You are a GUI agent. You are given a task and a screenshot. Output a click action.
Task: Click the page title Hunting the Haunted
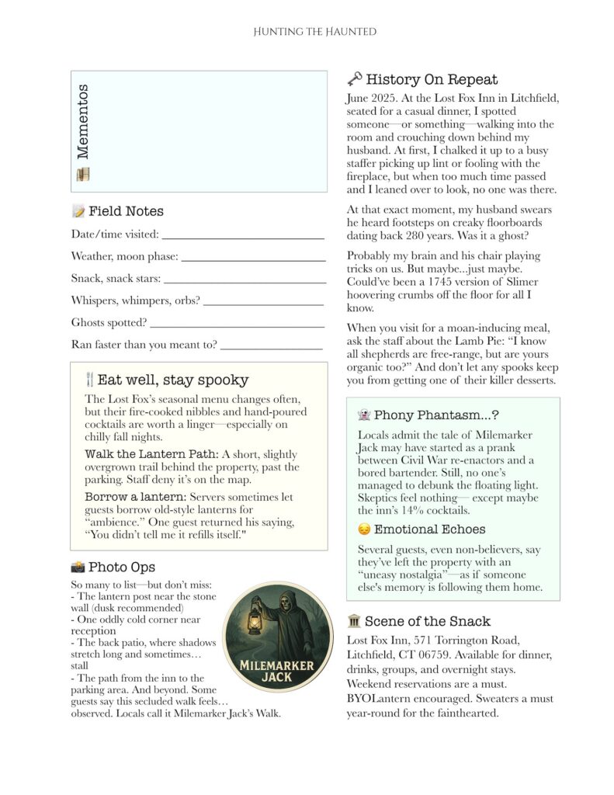(314, 32)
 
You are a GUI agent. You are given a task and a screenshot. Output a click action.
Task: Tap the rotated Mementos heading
(82, 120)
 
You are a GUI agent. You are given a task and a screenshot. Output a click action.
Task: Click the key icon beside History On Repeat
(354, 78)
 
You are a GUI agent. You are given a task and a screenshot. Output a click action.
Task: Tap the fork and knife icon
(89, 380)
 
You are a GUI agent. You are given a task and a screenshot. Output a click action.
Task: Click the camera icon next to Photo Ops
(78, 567)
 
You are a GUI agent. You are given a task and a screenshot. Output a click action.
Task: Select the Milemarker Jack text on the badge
(276, 671)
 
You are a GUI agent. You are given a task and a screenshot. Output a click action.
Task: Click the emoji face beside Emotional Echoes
(363, 529)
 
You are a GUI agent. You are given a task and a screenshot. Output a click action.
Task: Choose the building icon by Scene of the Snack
(354, 621)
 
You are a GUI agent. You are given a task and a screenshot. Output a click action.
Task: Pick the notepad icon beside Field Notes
(78, 211)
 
